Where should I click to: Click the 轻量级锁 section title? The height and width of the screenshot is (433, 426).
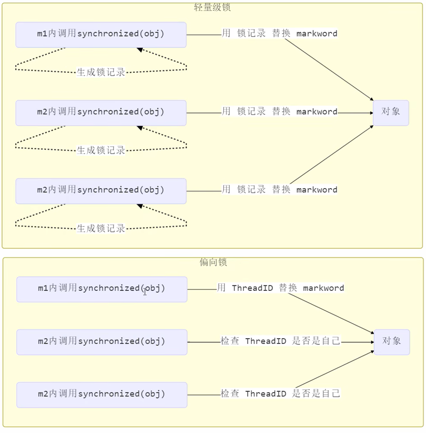click(x=212, y=7)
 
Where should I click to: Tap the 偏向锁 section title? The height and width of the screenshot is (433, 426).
click(x=213, y=262)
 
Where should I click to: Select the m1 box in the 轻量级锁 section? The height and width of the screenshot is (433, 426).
click(x=101, y=35)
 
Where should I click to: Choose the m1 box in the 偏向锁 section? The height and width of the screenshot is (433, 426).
click(x=102, y=289)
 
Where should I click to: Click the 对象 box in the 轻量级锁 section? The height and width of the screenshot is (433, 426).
click(x=391, y=113)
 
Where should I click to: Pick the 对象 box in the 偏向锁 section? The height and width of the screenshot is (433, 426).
click(x=392, y=342)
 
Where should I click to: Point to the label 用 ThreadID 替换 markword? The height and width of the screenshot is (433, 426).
click(x=281, y=288)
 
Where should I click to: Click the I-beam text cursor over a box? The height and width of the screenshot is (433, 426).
click(x=145, y=292)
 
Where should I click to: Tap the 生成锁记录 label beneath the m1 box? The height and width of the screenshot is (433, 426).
click(x=101, y=72)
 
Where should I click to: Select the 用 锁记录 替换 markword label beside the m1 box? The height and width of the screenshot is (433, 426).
click(x=280, y=33)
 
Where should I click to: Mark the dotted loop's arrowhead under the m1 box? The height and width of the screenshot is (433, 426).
click(x=140, y=50)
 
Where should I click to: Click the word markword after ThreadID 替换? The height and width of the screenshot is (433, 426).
click(x=324, y=288)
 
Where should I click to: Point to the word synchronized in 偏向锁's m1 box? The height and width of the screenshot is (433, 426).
click(x=109, y=288)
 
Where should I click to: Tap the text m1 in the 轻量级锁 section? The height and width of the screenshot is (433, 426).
click(x=42, y=34)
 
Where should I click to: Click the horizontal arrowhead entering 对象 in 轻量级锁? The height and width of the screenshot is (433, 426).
click(x=372, y=113)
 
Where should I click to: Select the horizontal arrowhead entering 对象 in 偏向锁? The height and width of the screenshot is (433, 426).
click(x=373, y=342)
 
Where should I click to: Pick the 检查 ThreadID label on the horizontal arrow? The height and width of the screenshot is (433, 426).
click(x=253, y=341)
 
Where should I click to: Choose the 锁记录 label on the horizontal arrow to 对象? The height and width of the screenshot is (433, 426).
click(x=251, y=111)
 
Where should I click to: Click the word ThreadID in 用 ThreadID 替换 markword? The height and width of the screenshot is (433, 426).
click(x=252, y=288)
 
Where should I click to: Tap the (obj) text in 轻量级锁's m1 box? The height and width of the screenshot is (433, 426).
click(x=152, y=34)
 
